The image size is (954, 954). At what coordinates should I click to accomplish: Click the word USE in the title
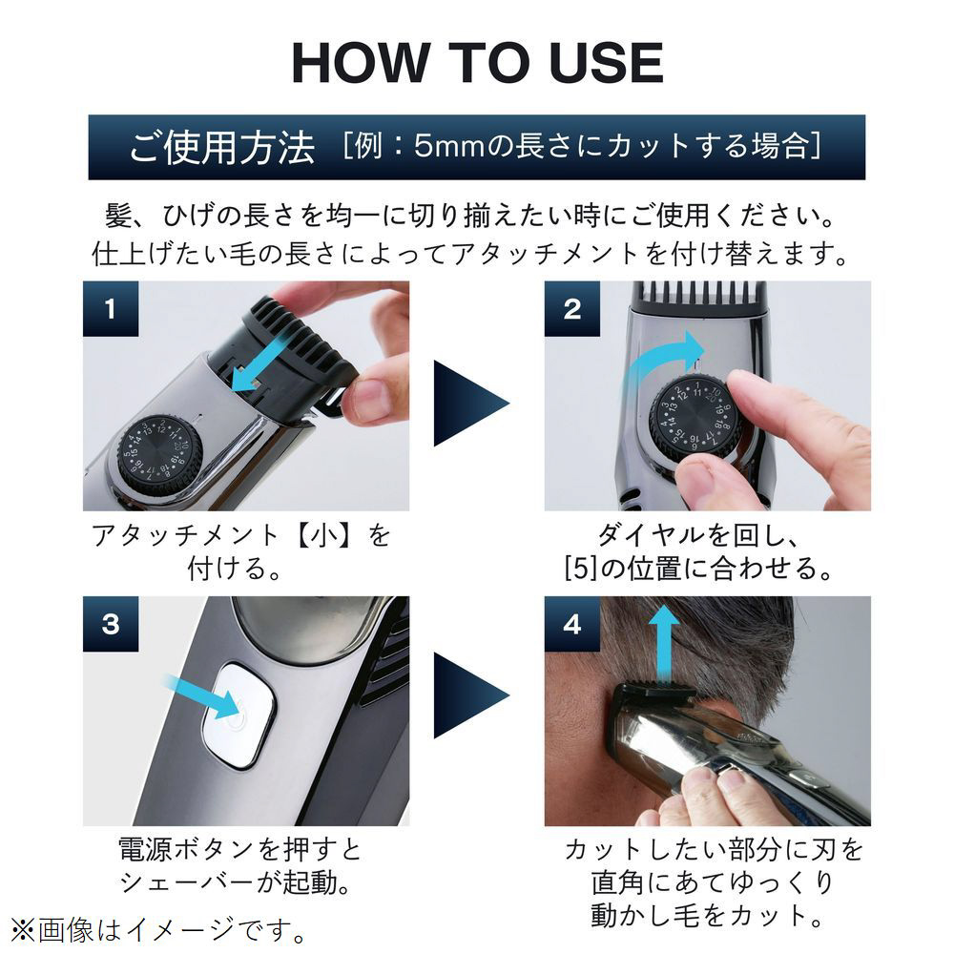pos(606,63)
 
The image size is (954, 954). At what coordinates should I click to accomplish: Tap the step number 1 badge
pos(111,308)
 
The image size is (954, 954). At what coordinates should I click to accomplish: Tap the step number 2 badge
pos(571,308)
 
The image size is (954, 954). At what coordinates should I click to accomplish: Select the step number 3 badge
pos(111,624)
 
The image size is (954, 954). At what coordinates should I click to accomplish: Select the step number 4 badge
pos(571,624)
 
